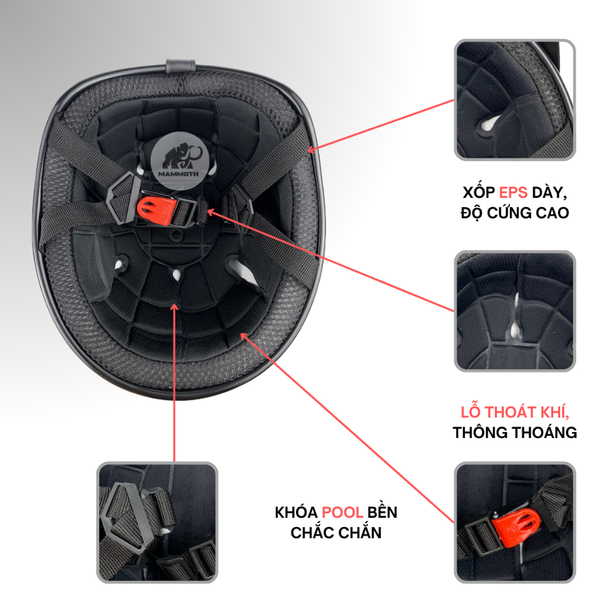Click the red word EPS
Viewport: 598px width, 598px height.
513,193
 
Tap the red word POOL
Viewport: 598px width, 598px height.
342,512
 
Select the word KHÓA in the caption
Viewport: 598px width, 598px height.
296,512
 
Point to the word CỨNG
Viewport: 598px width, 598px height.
510,213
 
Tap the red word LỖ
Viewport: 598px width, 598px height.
470,412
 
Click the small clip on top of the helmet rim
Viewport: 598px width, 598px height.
181,65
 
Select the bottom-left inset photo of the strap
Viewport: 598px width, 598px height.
157,522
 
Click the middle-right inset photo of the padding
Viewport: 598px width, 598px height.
515,311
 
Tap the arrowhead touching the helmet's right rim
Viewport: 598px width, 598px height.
311,150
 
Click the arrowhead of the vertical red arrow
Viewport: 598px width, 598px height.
174,307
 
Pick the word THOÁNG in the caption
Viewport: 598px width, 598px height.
545,433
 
